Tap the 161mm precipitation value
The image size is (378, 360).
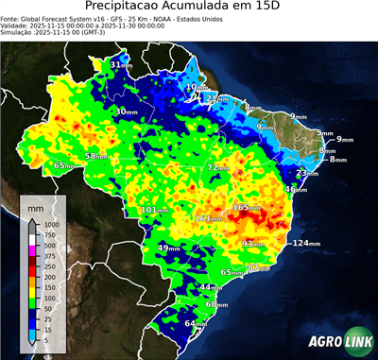[x=208, y=218]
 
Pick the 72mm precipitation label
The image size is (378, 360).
[x=218, y=167]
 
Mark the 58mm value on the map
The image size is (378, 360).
[x=96, y=156]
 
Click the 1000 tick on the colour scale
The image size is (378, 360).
[x=51, y=224]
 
